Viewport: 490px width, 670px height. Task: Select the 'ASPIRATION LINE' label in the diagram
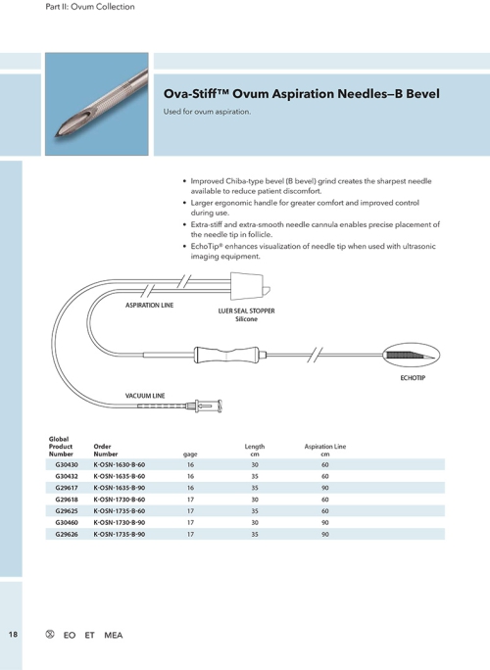149,307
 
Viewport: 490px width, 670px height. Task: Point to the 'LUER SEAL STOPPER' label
246,311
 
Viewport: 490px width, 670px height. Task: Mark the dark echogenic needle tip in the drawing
408,354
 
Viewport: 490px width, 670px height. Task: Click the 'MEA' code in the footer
114,636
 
